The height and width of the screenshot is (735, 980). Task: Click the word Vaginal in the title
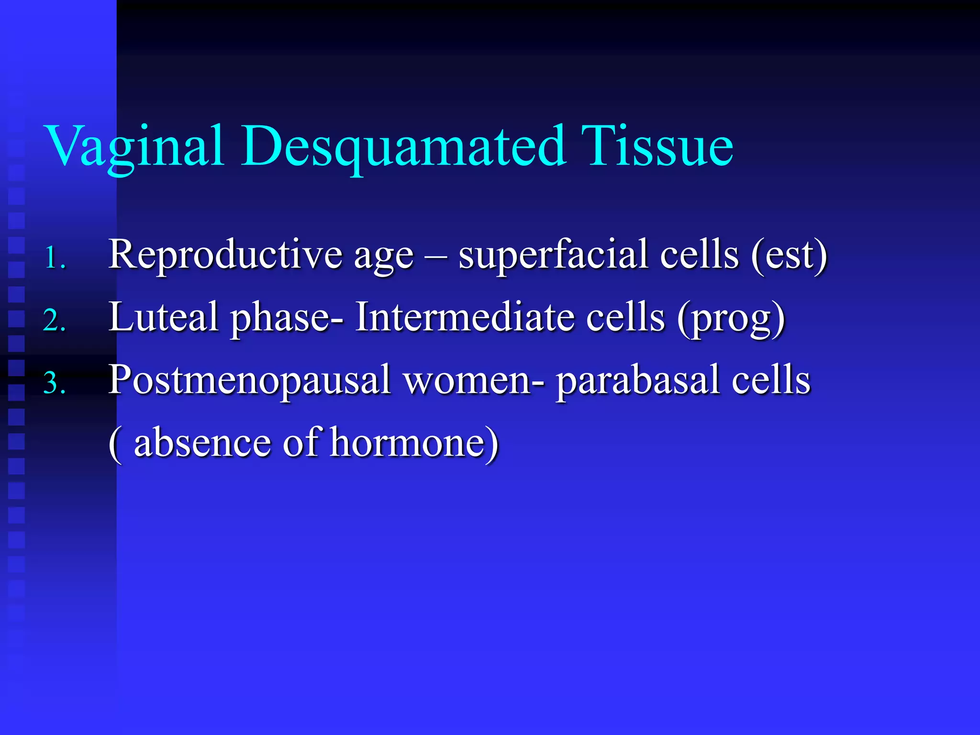(134, 146)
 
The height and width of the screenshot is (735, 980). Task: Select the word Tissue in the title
(657, 146)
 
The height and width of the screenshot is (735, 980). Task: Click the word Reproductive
(225, 255)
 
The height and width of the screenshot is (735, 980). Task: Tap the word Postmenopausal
(249, 380)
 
